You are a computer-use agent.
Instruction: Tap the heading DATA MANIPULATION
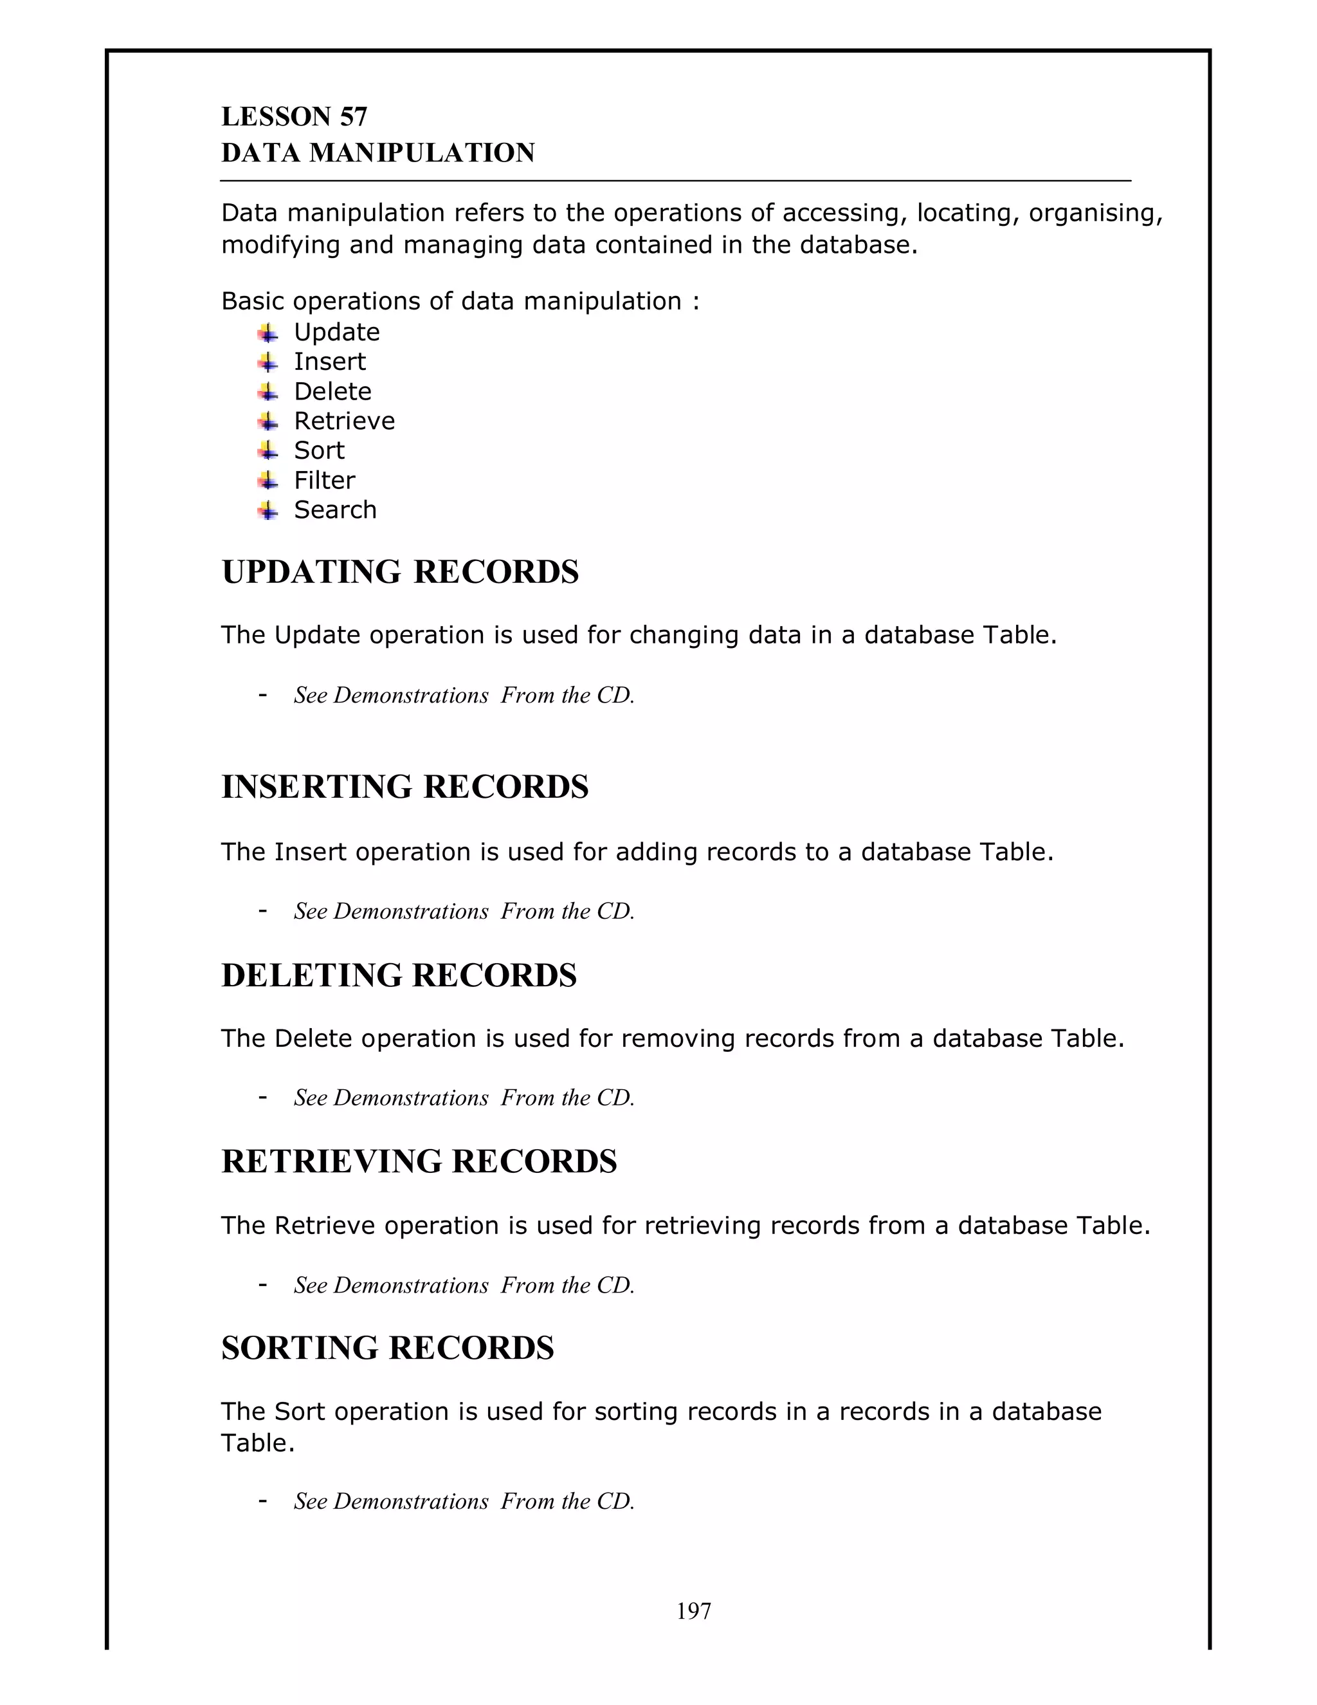click(x=378, y=153)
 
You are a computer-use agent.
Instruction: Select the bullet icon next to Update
click(x=268, y=333)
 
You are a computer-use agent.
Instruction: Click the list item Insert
click(x=329, y=362)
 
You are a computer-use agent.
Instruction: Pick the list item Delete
click(x=332, y=391)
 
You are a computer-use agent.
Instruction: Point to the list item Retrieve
click(x=344, y=421)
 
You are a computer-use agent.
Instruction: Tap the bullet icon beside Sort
click(x=268, y=451)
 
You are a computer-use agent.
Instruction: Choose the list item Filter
click(x=324, y=480)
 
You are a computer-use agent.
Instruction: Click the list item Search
click(x=334, y=510)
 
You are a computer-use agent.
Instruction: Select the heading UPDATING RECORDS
click(x=400, y=572)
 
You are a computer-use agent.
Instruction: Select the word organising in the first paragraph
click(x=1094, y=213)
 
